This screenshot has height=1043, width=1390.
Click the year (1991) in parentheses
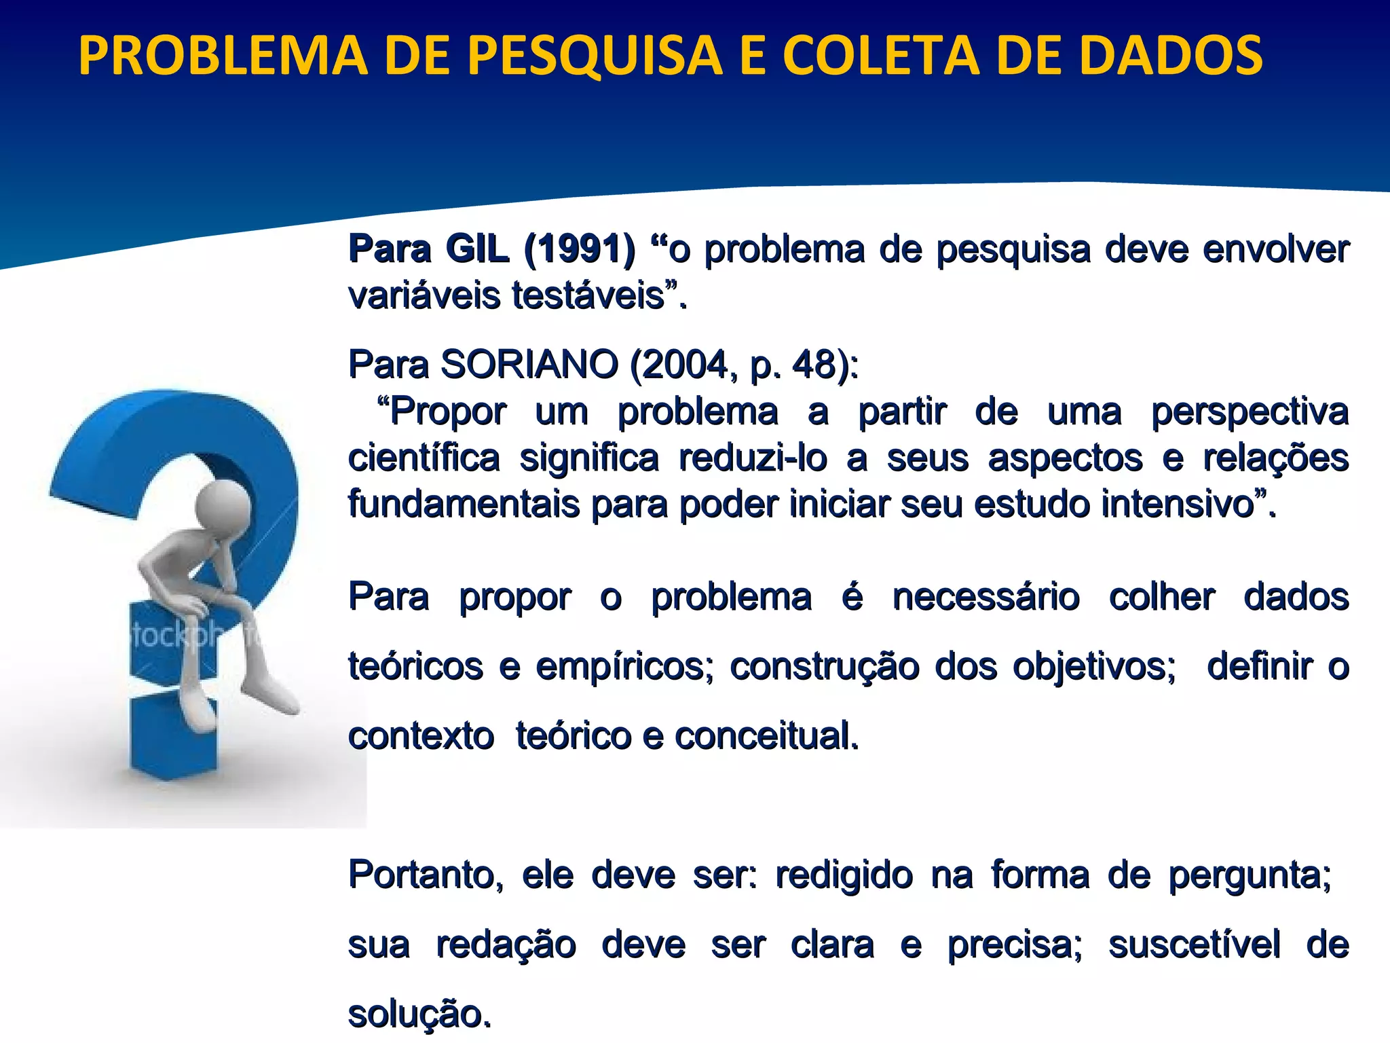click(x=580, y=249)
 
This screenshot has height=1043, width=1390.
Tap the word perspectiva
click(x=1250, y=411)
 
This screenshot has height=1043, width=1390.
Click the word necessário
click(x=985, y=598)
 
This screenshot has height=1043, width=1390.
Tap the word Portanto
click(x=425, y=875)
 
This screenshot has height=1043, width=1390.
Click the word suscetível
click(x=1195, y=944)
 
